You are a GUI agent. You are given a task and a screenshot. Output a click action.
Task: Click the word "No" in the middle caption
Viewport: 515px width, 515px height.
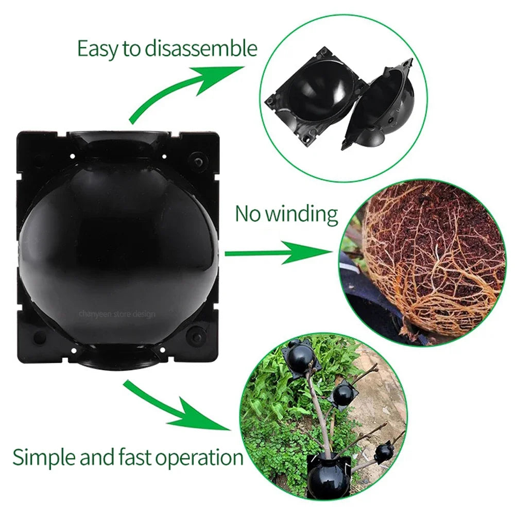pyautogui.click(x=248, y=213)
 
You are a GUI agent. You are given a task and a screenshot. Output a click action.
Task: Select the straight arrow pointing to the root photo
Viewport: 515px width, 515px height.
pyautogui.click(x=278, y=253)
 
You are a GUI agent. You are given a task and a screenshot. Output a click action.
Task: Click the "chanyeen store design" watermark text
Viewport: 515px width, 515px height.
pyautogui.click(x=117, y=313)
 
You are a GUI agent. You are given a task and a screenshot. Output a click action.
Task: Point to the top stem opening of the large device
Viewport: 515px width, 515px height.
pyautogui.click(x=119, y=140)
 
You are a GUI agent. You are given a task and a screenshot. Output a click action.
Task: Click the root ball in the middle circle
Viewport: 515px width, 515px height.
pyautogui.click(x=433, y=257)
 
